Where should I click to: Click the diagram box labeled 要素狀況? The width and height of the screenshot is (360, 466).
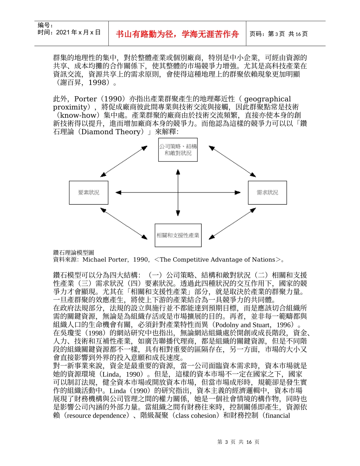pyautogui.click(x=89, y=192)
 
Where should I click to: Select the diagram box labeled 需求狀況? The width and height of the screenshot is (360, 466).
pyautogui.click(x=267, y=192)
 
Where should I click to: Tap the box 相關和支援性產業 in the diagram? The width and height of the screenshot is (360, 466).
pyautogui.click(x=178, y=235)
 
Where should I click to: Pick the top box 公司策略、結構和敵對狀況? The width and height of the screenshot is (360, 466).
pyautogui.click(x=178, y=150)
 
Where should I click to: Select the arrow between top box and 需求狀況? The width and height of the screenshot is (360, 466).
pyautogui.click(x=232, y=161)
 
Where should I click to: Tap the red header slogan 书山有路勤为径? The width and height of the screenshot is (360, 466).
pyautogui.click(x=178, y=34)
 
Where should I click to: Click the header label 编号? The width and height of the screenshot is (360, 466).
pyautogui.click(x=45, y=25)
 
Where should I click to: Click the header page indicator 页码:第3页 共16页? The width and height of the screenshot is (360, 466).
pyautogui.click(x=278, y=34)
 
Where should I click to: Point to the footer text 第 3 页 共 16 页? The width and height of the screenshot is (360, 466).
pyautogui.click(x=238, y=442)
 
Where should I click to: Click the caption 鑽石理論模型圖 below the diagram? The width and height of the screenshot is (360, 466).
pyautogui.click(x=74, y=252)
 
